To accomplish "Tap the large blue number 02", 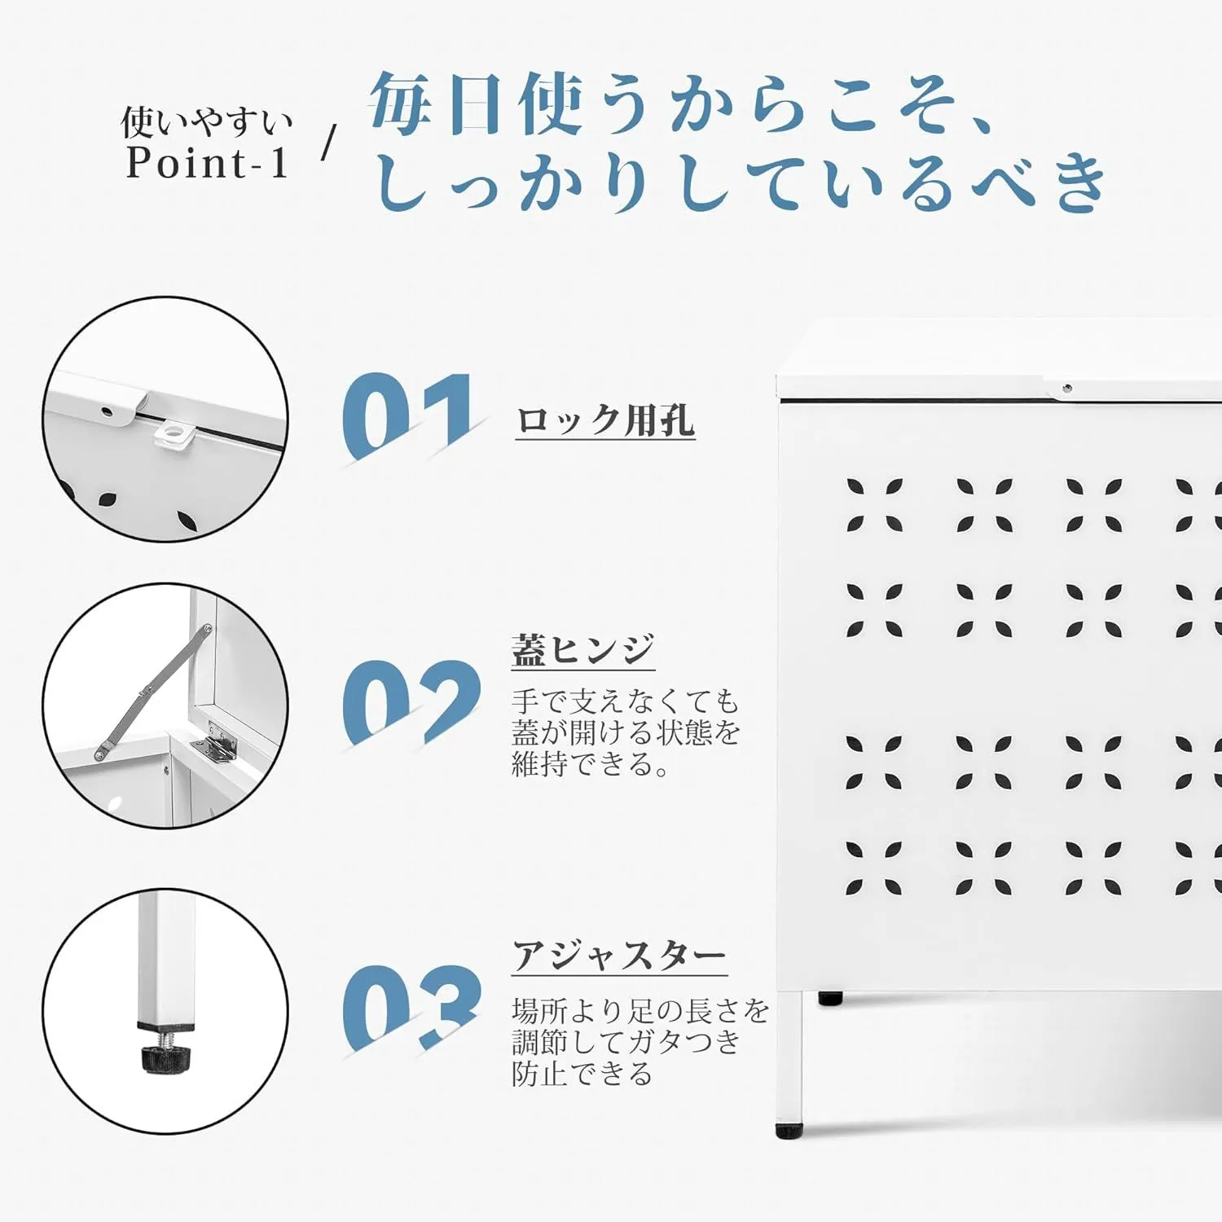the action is click(411, 701).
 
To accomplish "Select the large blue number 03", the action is click(411, 1007).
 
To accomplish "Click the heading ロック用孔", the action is click(605, 420).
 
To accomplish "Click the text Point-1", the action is click(208, 162).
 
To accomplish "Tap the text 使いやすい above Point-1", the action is click(207, 122).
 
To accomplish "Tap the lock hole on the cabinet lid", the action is click(1066, 388).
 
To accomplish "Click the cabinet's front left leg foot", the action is click(789, 1131).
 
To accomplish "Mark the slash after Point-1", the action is click(328, 143).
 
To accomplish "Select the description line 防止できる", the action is click(582, 1074).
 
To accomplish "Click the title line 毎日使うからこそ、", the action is click(680, 104).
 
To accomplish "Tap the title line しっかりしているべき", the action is click(741, 180).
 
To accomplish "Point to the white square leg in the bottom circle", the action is click(166, 956).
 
